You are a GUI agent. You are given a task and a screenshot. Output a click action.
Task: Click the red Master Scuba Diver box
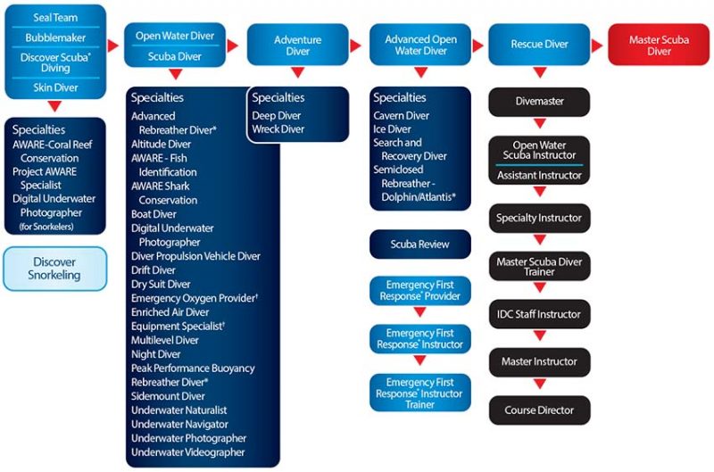pos(659,45)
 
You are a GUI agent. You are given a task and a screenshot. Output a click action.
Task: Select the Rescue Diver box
pos(539,45)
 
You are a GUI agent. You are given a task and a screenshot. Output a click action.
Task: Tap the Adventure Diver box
pos(298,45)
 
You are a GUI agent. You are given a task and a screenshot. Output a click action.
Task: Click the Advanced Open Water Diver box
pos(420,45)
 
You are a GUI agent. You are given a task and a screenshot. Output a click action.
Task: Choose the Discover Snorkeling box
pos(54,269)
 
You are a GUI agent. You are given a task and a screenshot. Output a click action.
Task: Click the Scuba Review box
pos(419,244)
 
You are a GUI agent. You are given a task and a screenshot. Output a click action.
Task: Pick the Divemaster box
pos(539,102)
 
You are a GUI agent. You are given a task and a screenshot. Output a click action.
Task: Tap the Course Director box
pos(540,410)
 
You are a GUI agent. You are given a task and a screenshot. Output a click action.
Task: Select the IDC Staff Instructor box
pos(540,314)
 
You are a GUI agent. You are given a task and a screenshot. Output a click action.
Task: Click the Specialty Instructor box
pos(540,218)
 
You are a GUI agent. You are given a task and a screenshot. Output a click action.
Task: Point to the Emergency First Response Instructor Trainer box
pos(419,393)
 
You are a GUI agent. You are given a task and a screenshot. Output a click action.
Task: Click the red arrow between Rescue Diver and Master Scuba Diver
pos(597,46)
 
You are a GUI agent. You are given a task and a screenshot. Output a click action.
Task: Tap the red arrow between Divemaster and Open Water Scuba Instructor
pos(540,123)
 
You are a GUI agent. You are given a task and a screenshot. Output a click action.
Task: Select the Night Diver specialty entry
pos(155,354)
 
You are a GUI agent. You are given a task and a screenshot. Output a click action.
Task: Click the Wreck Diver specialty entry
pos(278,129)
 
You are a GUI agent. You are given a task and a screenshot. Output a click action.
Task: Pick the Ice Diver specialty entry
pos(392,129)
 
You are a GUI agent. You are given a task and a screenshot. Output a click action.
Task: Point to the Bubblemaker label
pos(55,37)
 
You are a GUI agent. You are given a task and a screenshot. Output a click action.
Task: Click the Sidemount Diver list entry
pos(168,396)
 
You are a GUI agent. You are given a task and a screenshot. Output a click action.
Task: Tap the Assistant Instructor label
pos(539,175)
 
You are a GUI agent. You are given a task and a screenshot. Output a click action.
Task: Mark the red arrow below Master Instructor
pos(540,385)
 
